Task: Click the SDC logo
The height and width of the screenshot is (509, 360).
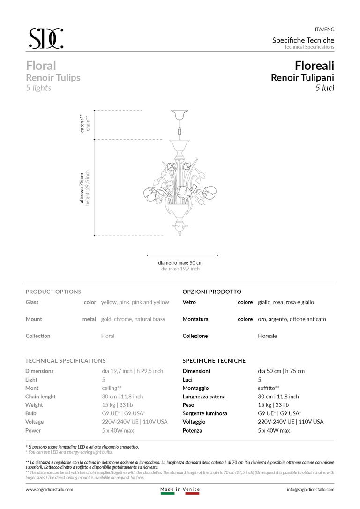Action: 46,38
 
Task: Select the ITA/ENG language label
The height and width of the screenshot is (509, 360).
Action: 324,29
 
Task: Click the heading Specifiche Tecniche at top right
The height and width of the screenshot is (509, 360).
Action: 303,40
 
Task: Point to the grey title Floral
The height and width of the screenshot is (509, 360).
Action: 41,65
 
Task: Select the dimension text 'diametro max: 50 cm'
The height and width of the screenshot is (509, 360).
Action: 180,263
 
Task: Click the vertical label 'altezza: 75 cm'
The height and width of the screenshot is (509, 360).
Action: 82,187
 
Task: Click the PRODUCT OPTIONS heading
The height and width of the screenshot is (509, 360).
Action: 53,292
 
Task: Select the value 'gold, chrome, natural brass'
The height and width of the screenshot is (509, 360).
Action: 133,319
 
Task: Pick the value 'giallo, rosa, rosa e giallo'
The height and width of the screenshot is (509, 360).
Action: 286,302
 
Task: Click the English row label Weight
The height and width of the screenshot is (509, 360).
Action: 34,405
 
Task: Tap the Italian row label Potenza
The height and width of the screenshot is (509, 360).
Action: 192,430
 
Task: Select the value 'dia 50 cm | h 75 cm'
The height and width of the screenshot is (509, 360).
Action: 281,371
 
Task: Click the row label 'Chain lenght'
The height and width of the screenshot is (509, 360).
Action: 40,397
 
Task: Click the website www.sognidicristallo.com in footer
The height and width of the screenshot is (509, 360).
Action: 49,489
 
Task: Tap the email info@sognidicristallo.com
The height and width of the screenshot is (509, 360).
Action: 310,489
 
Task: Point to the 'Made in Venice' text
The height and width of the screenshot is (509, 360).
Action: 180,489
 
